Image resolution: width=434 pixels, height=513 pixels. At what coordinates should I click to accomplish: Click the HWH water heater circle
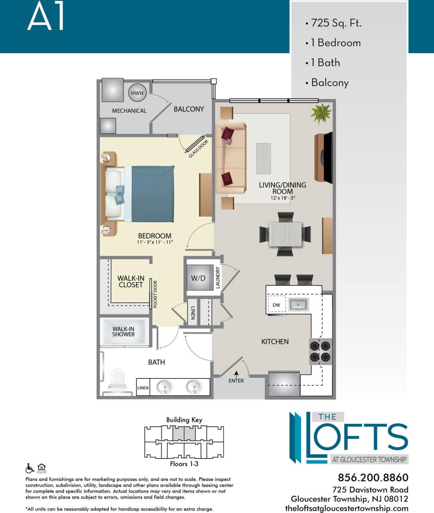tap(136, 93)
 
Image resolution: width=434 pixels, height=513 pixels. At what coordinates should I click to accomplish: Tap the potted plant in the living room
tap(320, 114)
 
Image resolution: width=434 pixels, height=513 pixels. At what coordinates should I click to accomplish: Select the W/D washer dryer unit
tap(198, 278)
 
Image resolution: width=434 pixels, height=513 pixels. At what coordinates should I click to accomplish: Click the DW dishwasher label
tap(276, 305)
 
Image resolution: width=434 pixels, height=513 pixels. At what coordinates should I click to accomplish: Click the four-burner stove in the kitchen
tap(321, 351)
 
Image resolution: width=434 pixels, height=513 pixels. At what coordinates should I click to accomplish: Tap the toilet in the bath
tap(117, 381)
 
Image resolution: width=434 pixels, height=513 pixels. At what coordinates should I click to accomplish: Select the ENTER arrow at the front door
tap(237, 374)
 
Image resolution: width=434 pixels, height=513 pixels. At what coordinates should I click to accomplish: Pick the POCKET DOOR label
tap(155, 294)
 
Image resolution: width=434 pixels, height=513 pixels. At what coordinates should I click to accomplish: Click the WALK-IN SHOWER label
tap(123, 331)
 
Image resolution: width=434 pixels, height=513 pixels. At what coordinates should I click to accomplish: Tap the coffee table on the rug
tap(263, 158)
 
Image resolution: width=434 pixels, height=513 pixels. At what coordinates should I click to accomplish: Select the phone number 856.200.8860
tap(373, 477)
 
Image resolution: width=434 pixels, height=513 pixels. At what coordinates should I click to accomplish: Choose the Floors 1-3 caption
tap(184, 463)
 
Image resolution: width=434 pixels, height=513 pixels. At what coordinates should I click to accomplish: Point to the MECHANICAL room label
tap(129, 111)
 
